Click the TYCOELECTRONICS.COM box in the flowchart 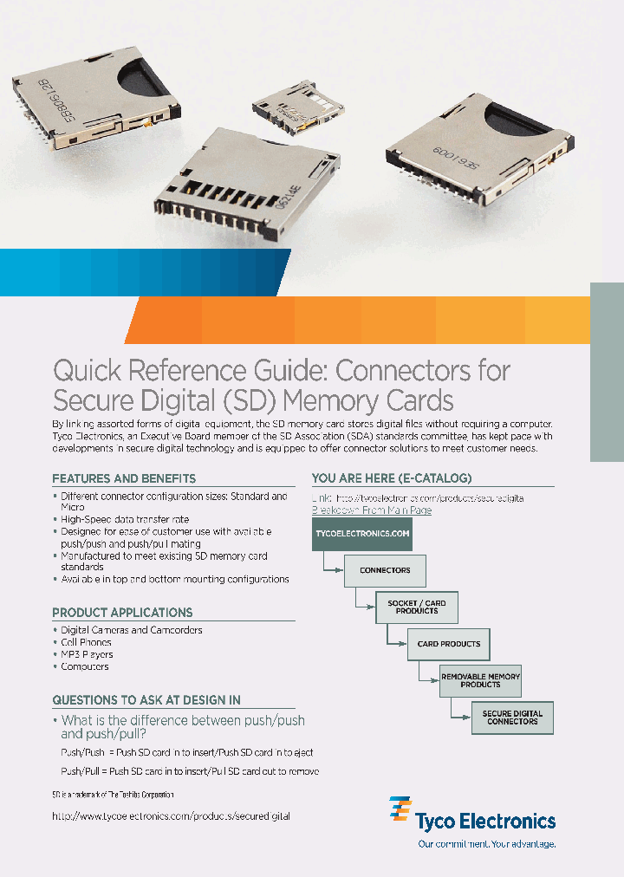point(362,534)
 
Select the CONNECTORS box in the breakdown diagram point(385,570)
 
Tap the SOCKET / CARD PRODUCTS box point(417,607)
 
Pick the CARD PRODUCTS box point(449,644)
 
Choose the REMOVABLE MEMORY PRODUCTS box point(480,680)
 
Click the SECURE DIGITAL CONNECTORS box point(512,718)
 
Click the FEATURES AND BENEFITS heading point(124,478)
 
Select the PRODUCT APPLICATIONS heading point(122,612)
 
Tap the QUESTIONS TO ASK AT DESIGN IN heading point(146,699)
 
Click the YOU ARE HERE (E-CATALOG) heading point(392,478)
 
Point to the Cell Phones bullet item point(86,642)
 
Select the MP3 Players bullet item point(87,654)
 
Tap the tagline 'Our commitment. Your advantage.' point(486,843)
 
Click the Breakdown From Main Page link point(372,510)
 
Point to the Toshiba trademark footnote point(113,795)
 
